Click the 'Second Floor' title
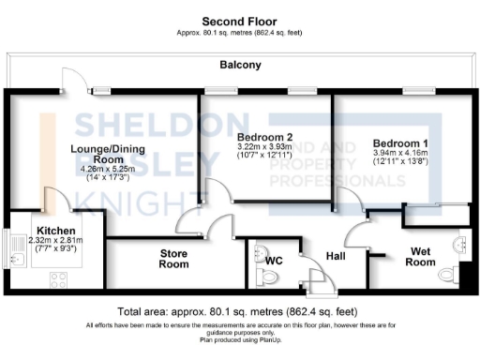pyautogui.click(x=240, y=20)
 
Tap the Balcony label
pyautogui.click(x=240, y=66)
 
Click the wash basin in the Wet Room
pyautogui.click(x=460, y=245)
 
